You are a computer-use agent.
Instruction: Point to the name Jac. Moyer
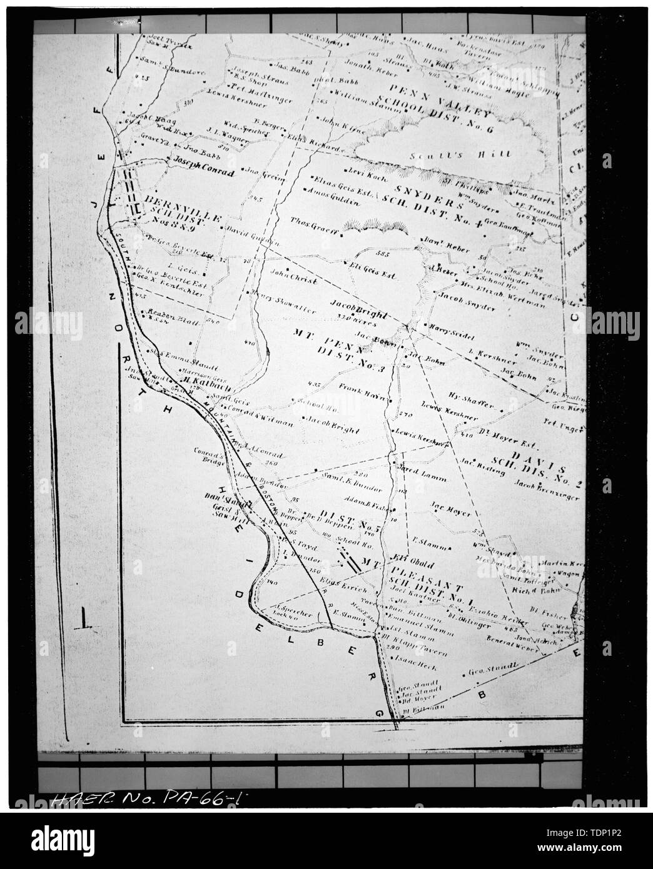(x=449, y=510)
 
